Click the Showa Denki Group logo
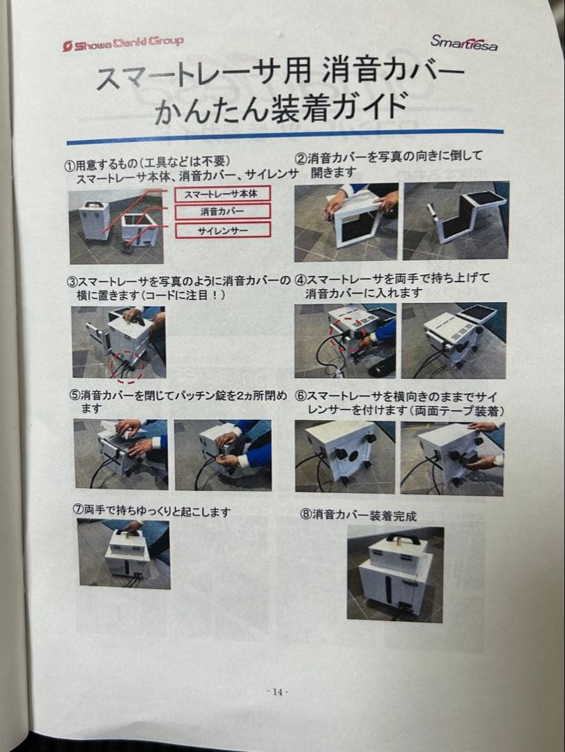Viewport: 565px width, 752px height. (123, 43)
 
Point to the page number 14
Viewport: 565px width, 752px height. (277, 691)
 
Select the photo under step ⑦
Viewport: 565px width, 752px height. (123, 554)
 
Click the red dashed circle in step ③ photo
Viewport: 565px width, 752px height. (126, 368)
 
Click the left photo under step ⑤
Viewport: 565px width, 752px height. (121, 454)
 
